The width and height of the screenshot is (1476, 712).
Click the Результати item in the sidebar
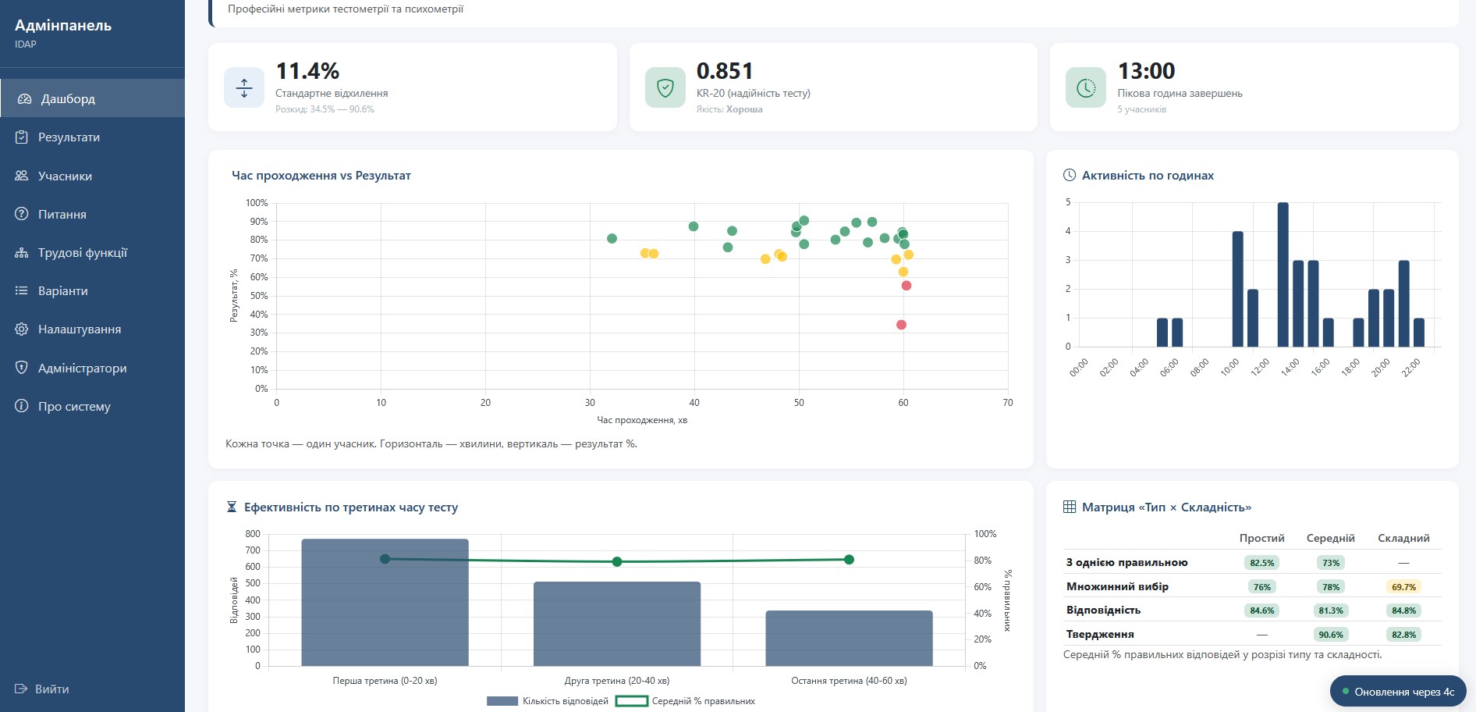point(69,137)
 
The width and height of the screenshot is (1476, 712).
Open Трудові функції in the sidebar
point(82,253)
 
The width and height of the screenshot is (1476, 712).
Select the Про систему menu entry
point(74,407)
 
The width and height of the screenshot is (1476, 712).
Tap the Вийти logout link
point(51,689)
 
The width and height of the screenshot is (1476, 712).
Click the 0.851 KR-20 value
point(725,71)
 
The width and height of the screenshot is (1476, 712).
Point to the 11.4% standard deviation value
point(307,71)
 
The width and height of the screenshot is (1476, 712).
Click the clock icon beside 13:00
point(1086,87)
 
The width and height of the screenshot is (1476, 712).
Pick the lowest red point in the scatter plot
point(901,325)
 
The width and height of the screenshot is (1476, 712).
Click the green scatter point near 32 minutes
point(612,239)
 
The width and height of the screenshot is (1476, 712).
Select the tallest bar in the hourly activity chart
point(1283,274)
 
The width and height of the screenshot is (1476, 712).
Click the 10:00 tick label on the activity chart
point(1230,367)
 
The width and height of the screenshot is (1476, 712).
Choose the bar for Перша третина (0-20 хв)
point(385,602)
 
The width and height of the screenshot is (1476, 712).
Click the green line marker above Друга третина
point(617,562)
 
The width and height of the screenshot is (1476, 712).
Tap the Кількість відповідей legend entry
point(548,701)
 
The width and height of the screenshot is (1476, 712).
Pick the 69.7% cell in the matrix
point(1403,587)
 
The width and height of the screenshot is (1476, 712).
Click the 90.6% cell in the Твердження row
point(1331,635)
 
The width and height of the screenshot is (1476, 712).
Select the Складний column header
point(1403,538)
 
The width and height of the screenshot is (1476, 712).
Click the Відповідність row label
point(1103,611)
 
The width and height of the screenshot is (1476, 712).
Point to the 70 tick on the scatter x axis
point(1008,403)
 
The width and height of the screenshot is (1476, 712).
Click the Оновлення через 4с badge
point(1398,692)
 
